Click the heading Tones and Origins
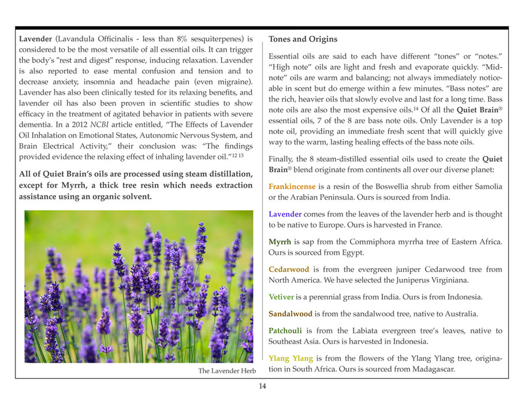pyautogui.click(x=303, y=39)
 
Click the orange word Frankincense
pyautogui.click(x=292, y=187)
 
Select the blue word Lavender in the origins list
pyautogui.click(x=285, y=214)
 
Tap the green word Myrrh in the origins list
pyautogui.click(x=280, y=242)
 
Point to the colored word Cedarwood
pyautogui.click(x=289, y=270)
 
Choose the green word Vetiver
pyautogui.click(x=281, y=297)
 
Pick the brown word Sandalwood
pyautogui.click(x=291, y=314)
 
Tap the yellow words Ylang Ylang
pyautogui.click(x=290, y=359)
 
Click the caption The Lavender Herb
pyautogui.click(x=227, y=371)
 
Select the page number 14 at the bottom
pyautogui.click(x=262, y=386)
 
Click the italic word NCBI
pyautogui.click(x=99, y=125)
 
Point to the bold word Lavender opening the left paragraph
pyautogui.click(x=35, y=39)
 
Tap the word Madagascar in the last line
pyautogui.click(x=427, y=369)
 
